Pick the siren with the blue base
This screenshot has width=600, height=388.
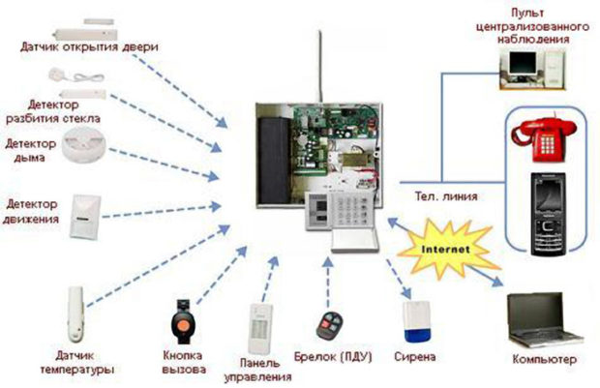click(414, 325)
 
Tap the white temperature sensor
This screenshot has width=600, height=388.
click(75, 314)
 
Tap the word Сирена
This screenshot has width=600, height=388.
click(413, 357)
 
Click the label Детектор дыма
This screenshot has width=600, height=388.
click(28, 151)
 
